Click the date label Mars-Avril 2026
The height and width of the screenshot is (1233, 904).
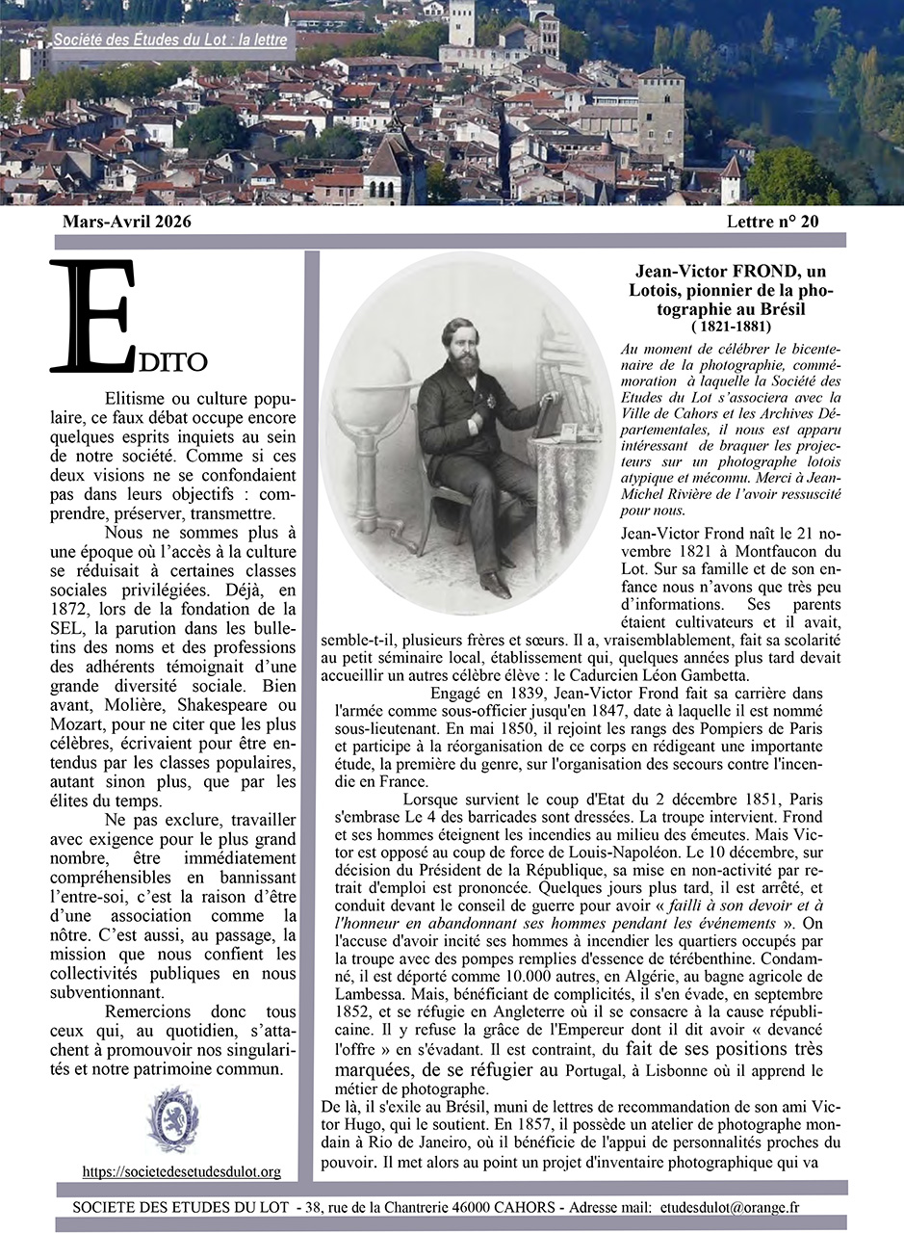point(126,222)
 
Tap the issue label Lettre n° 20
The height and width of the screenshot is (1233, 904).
point(773,222)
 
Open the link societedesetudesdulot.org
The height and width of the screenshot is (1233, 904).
point(181,1171)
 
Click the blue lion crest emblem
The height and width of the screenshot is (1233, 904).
point(173,1119)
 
